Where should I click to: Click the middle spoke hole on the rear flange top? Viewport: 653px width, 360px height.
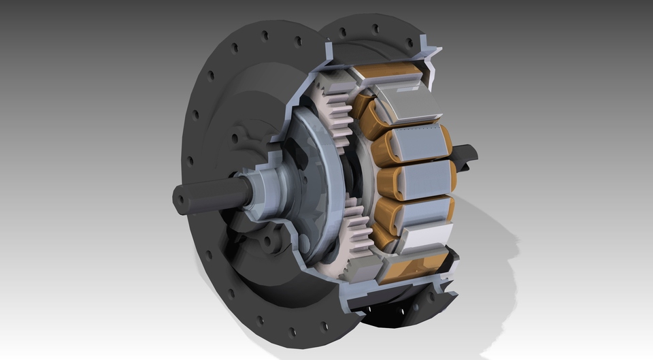375,29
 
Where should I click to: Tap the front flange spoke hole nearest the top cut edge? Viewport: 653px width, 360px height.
297,42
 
